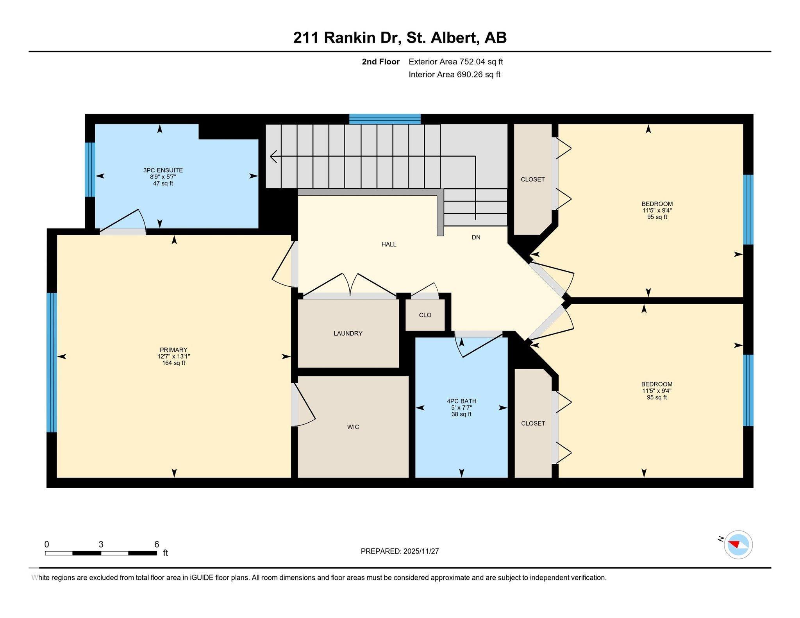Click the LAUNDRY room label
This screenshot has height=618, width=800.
click(348, 333)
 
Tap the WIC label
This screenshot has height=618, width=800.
click(353, 427)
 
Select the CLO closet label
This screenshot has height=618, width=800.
click(425, 315)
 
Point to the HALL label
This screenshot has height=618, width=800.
click(389, 245)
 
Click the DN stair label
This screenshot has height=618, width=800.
click(476, 237)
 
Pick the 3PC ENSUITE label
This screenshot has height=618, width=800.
click(163, 170)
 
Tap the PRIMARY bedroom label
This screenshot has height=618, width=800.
click(173, 350)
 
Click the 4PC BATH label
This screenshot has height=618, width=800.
click(461, 401)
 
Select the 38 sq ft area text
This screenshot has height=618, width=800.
click(461, 414)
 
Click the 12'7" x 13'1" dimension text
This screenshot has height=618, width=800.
click(173, 356)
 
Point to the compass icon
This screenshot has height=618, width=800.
click(738, 545)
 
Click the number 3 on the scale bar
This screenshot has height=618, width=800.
click(101, 544)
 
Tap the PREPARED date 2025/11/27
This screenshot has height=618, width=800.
click(421, 551)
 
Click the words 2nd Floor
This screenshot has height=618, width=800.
click(380, 62)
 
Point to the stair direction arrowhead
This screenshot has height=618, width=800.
click(273, 157)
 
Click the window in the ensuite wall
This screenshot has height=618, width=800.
click(90, 170)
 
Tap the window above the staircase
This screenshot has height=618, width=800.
click(385, 119)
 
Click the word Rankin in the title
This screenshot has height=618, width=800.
click(350, 38)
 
